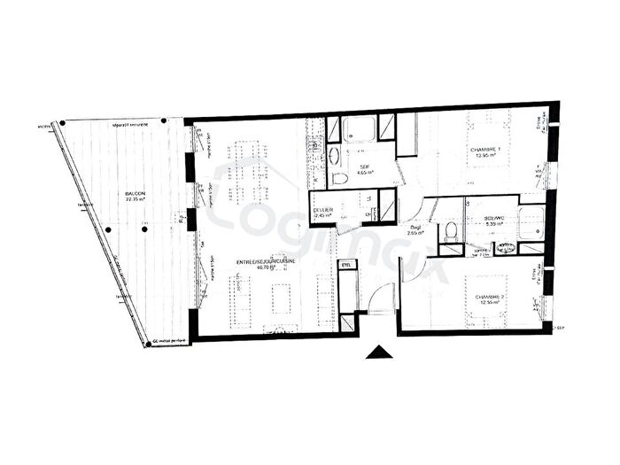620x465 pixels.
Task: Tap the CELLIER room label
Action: (323, 210)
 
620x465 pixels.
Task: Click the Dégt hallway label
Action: (415, 227)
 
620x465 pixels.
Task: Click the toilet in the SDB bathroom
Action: (340, 178)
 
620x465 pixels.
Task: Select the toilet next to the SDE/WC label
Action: (450, 232)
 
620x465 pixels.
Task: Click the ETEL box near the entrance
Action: (346, 264)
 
